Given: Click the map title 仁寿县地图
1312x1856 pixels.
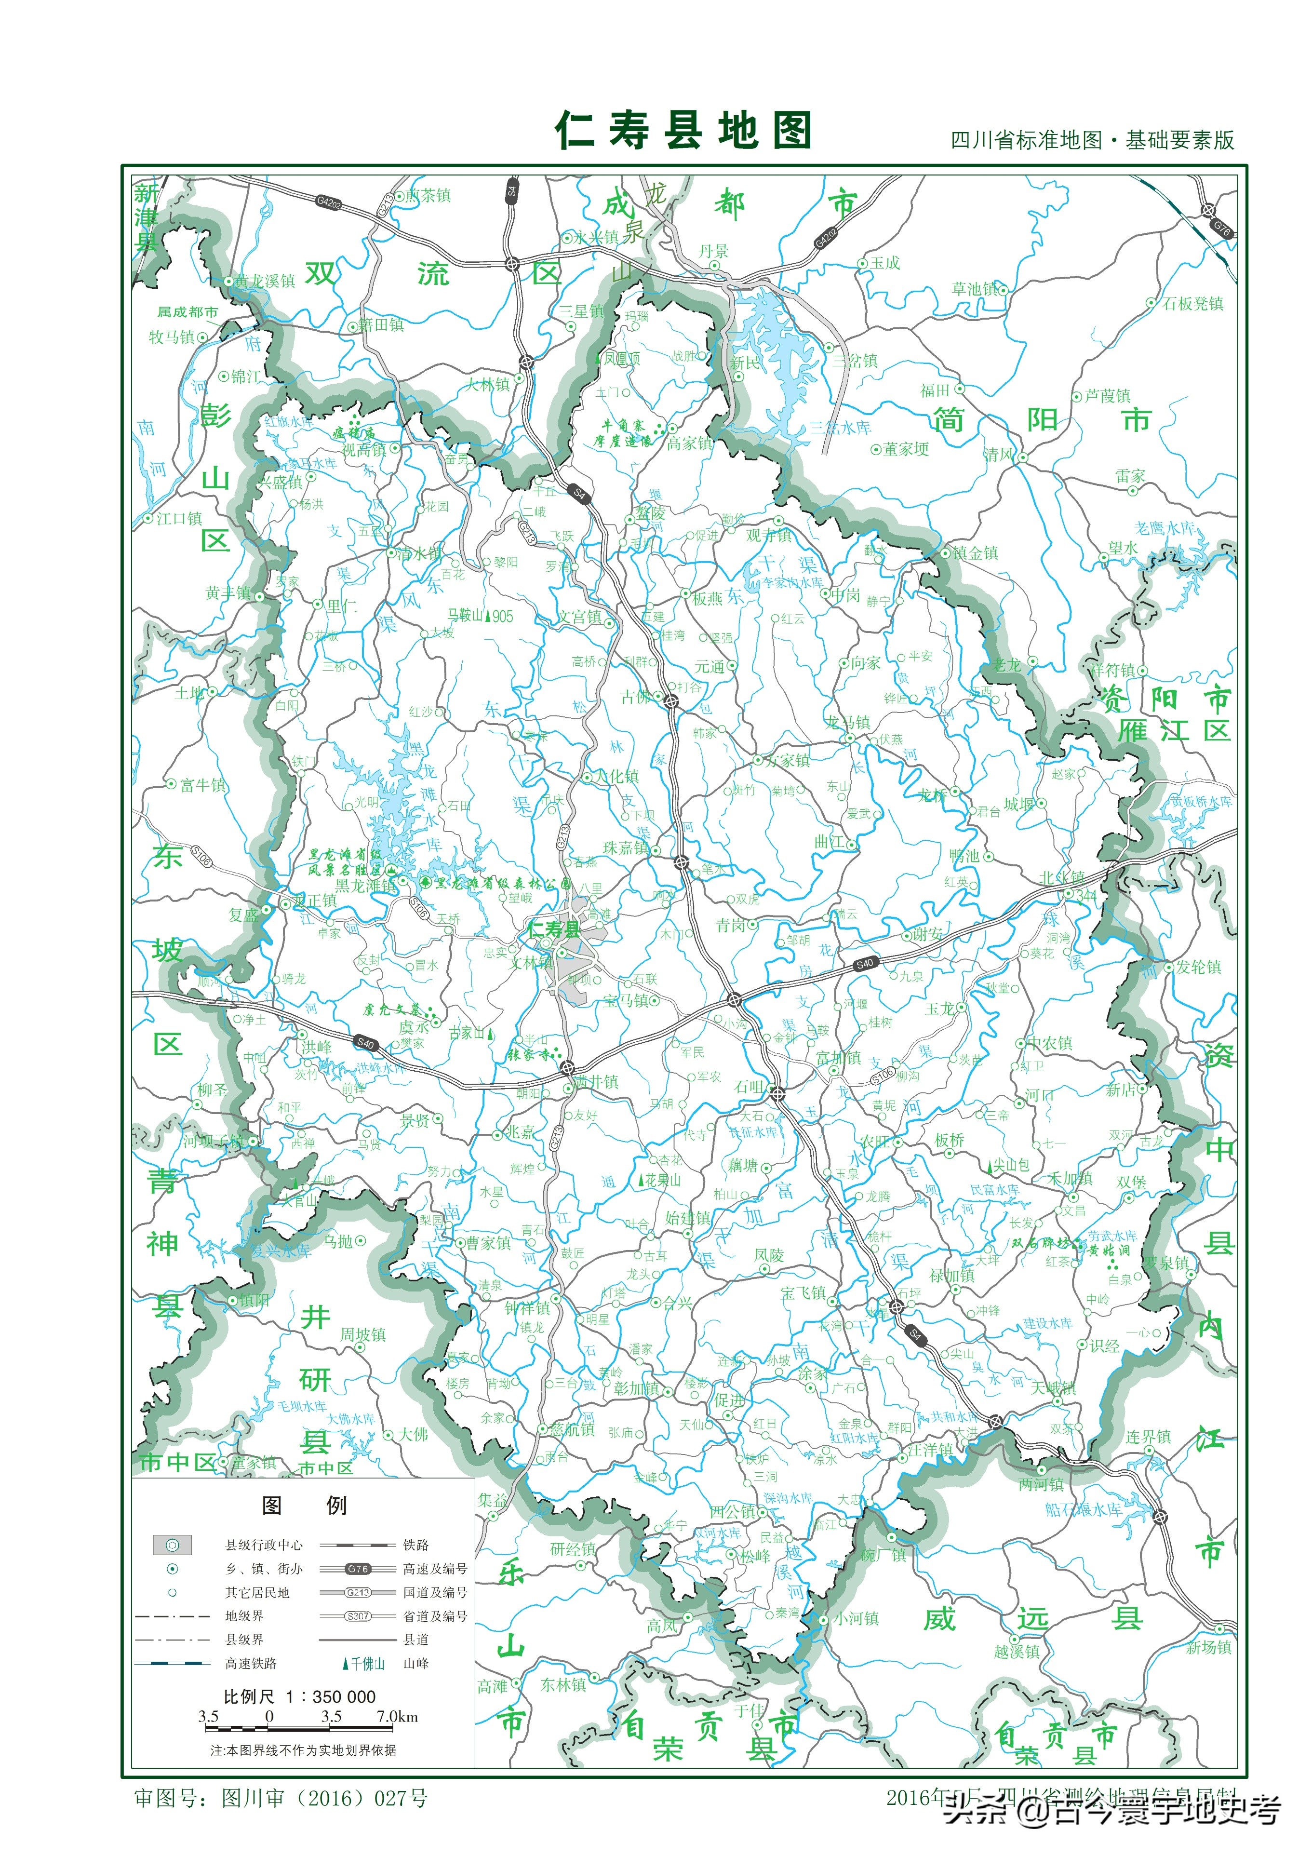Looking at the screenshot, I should tap(683, 131).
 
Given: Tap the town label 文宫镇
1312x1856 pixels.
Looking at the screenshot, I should tap(580, 617).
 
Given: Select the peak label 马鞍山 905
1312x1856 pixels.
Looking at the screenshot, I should tap(480, 616).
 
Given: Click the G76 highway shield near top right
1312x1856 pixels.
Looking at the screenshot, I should tap(1220, 229).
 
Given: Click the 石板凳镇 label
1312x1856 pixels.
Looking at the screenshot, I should tap(1192, 303).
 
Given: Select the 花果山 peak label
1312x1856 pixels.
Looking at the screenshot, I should tap(661, 1180).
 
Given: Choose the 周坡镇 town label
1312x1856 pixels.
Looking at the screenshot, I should tap(362, 1334).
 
